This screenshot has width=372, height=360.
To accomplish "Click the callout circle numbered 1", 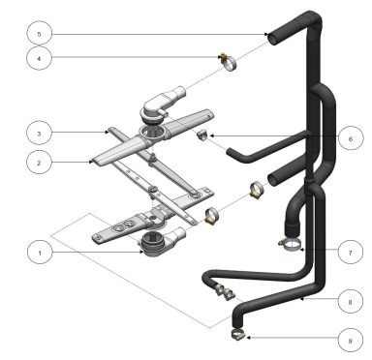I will [x=38, y=254].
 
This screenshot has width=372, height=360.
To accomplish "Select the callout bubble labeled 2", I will [x=38, y=165].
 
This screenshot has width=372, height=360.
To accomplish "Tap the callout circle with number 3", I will [x=38, y=133].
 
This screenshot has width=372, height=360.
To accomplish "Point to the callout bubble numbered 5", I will [x=38, y=33].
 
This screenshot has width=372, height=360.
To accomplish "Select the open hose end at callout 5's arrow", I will [x=274, y=36].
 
